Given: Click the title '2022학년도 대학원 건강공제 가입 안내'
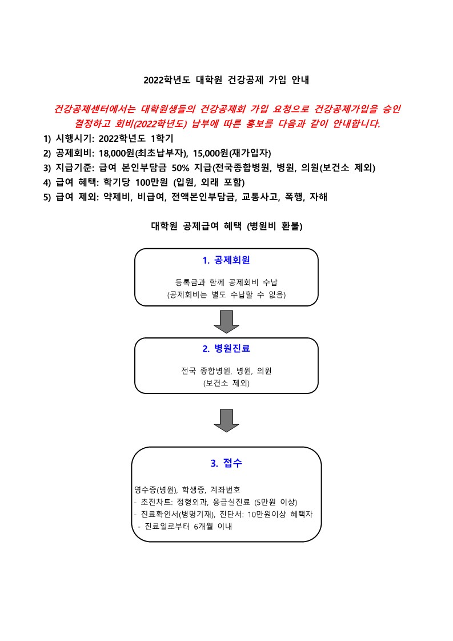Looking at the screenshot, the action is (x=226, y=79).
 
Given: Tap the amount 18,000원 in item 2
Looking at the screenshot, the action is (x=117, y=153).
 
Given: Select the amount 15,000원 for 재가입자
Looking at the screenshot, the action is (x=210, y=153).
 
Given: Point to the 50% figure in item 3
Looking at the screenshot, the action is (x=181, y=168).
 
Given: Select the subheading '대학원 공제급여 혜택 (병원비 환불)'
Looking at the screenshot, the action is (x=227, y=226).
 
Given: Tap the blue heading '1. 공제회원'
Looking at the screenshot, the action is (x=226, y=260).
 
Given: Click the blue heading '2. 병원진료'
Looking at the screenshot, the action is (x=226, y=348).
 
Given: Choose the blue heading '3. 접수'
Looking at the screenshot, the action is (x=226, y=463).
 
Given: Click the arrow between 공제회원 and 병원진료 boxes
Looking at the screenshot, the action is (x=226, y=322).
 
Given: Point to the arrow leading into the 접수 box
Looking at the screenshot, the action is (x=226, y=421).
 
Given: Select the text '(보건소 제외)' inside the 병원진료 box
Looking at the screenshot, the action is (x=226, y=383).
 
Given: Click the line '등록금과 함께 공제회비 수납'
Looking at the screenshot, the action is (x=226, y=282).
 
